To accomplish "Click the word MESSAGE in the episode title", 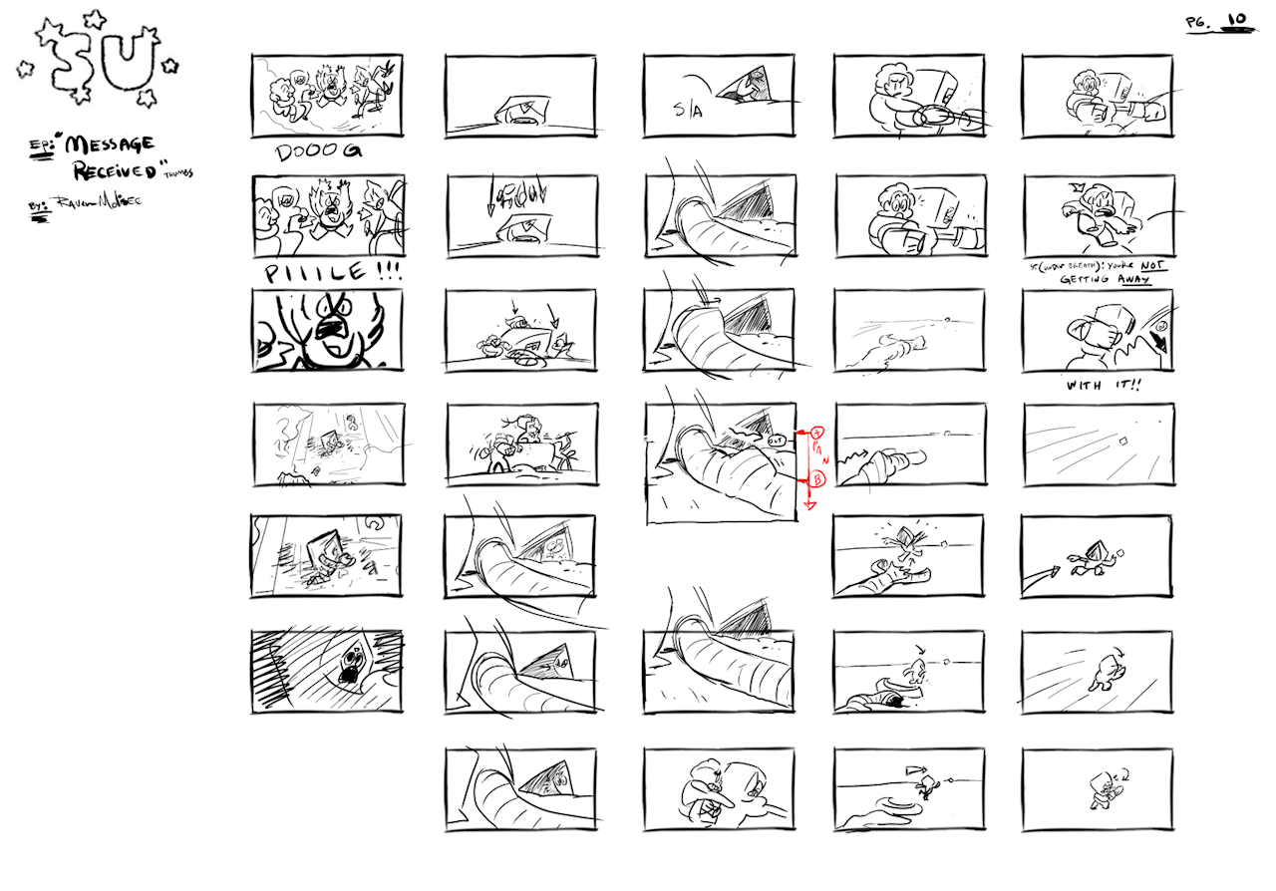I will [111, 146].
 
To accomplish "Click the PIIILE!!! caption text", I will [329, 272].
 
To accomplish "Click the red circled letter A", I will [815, 433].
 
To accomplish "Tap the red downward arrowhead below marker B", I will [809, 504].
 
